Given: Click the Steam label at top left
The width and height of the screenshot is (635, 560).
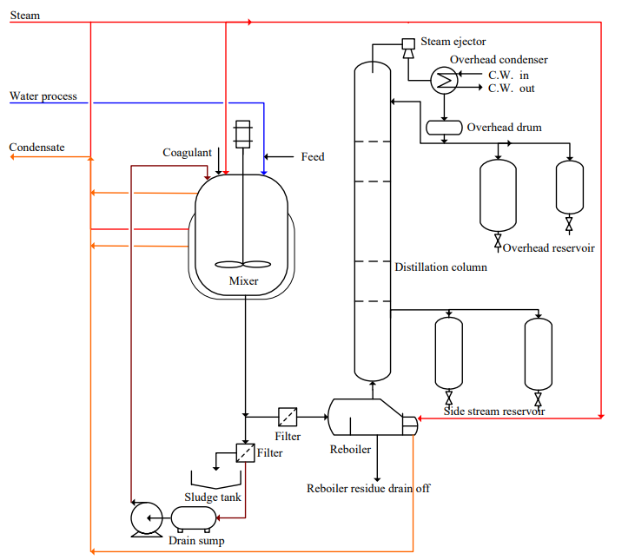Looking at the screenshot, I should point(24,16).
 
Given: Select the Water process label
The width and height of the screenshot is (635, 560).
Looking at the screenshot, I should point(43,96).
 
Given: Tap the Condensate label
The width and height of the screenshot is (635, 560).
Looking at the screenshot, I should point(36,148).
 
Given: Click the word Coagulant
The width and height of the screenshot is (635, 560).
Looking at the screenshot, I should point(187,153).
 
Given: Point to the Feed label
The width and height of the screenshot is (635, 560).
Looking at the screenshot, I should point(313,156).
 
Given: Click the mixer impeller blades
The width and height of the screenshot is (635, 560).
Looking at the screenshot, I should point(243,266).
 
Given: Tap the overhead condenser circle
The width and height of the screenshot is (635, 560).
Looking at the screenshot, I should point(444,80).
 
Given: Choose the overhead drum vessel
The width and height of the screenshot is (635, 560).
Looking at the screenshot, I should point(444,128).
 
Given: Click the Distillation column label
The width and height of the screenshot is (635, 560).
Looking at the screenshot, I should point(440,267).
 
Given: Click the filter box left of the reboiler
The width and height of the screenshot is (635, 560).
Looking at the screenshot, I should point(288,415).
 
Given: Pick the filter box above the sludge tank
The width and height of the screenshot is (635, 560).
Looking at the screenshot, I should point(244,452).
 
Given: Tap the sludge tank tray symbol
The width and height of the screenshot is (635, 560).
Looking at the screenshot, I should point(216,480).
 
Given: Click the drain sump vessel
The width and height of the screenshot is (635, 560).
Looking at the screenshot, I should point(193,518).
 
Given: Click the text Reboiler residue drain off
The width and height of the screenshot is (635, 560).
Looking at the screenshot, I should point(368,488).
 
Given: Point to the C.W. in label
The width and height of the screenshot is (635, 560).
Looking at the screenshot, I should point(508,75).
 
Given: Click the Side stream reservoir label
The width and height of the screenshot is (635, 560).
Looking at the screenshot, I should point(494,411).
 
